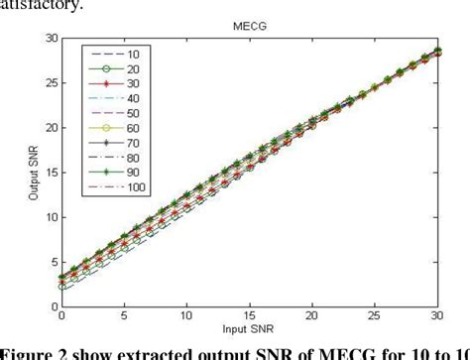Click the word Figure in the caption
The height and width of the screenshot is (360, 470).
pos(30,350)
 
